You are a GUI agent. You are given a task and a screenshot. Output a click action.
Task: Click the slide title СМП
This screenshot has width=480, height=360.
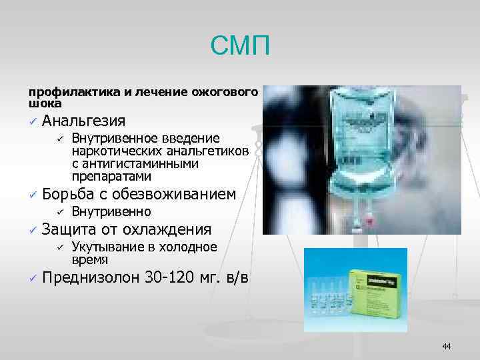point(240,46)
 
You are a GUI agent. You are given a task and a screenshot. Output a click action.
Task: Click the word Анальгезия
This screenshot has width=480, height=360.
point(83,121)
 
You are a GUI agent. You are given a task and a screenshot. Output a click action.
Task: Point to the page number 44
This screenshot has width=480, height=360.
point(446,346)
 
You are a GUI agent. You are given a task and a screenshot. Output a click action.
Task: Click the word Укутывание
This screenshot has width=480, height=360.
point(103,247)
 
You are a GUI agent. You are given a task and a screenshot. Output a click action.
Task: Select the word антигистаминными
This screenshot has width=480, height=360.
point(133,164)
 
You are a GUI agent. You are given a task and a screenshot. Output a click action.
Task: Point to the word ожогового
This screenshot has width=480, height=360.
point(228,91)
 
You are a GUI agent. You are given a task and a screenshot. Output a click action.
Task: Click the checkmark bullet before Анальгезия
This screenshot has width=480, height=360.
point(31,121)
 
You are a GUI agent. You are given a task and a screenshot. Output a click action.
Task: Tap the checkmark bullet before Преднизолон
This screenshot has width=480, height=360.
point(31,278)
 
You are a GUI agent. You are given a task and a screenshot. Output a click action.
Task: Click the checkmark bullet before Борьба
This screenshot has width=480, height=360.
point(31,195)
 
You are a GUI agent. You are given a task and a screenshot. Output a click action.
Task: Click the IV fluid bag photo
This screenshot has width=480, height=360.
point(361,160)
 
